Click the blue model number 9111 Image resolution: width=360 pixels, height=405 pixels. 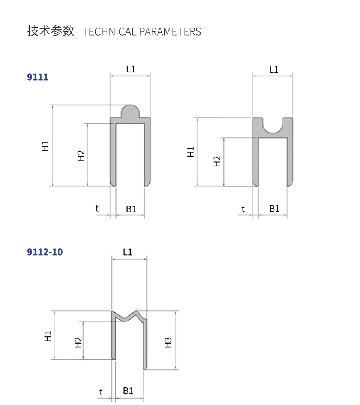37,77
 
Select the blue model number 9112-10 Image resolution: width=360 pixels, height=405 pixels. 45,252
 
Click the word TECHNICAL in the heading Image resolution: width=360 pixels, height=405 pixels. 109,32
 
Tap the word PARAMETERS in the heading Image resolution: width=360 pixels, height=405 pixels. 170,32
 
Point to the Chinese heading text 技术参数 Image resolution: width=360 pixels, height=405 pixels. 51,31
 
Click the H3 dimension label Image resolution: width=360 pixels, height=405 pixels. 168,342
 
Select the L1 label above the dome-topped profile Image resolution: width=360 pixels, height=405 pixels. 130,69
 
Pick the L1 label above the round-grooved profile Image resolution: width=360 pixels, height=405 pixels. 274,69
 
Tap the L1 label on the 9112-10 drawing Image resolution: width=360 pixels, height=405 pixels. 127,252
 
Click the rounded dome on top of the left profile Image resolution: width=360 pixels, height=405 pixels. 130,111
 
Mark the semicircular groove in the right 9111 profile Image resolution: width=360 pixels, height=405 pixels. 273,127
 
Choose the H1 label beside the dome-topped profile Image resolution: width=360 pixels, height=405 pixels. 45,146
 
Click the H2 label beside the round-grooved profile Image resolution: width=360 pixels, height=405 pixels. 217,161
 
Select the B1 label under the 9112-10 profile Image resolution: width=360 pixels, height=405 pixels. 128,391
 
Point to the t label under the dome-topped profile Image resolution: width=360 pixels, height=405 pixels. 97,208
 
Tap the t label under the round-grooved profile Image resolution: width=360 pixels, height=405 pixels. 243,209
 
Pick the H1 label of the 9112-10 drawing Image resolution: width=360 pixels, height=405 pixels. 48,336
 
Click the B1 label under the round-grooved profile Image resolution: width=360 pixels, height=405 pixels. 274,208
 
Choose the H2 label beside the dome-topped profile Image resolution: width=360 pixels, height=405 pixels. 81,155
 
